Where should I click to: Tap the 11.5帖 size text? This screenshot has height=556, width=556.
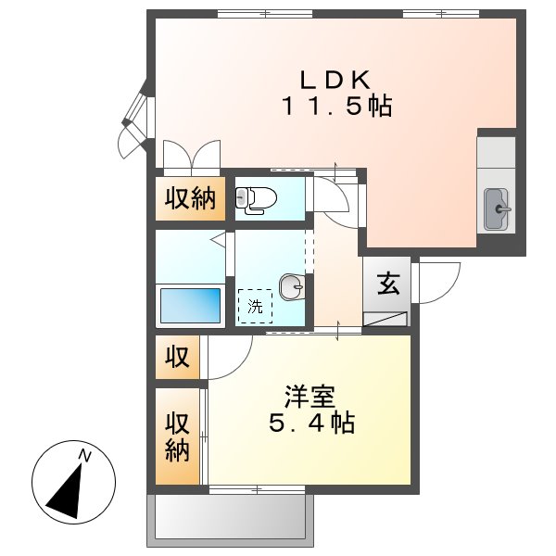[336, 107]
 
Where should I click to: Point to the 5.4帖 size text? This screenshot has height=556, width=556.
[310, 424]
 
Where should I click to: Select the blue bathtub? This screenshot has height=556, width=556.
[192, 305]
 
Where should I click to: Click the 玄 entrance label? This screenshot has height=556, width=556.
[388, 284]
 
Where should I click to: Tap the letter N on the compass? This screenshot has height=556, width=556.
[85, 454]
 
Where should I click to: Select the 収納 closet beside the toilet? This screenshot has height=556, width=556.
[191, 198]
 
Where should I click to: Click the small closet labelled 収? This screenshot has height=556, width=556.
[177, 357]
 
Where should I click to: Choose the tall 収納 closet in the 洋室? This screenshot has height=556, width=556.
[177, 436]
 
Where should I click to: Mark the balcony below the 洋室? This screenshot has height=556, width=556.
[227, 516]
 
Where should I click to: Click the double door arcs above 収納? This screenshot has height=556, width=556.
[191, 156]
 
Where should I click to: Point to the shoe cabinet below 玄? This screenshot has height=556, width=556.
[387, 319]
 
